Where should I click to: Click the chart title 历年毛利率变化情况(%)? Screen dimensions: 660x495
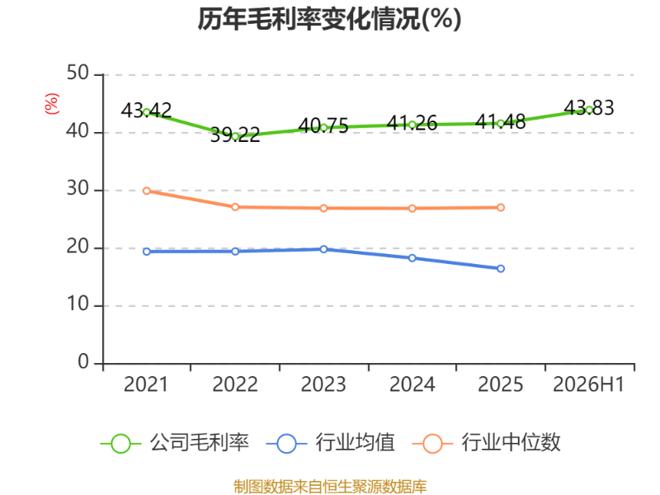(x=329, y=19)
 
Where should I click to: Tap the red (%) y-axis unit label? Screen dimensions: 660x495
(x=52, y=104)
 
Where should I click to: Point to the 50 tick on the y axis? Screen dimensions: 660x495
(x=78, y=73)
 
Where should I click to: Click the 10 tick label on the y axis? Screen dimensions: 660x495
(x=78, y=304)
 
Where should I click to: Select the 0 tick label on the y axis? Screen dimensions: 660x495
(x=83, y=361)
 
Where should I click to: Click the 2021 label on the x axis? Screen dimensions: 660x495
(x=146, y=384)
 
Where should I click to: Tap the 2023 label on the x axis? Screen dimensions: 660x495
(x=323, y=384)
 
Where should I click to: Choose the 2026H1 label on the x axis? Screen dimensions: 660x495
(x=588, y=384)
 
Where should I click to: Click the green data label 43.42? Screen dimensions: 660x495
(x=146, y=111)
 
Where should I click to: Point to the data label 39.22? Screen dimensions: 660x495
(x=235, y=134)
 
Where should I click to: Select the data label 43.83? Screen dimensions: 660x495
(x=589, y=108)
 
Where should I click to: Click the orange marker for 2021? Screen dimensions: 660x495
(x=147, y=191)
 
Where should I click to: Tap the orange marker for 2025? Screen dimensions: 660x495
(x=501, y=208)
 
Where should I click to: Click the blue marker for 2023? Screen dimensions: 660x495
(x=323, y=249)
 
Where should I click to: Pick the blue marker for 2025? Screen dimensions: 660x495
(x=501, y=269)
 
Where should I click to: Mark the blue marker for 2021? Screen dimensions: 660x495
(x=147, y=252)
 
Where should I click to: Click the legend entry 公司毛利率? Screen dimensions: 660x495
(x=175, y=443)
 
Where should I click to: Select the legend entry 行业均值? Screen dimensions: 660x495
(x=331, y=443)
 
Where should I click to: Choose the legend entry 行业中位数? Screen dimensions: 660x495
(x=487, y=443)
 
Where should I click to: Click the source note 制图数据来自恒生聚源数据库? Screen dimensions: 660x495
(x=330, y=487)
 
